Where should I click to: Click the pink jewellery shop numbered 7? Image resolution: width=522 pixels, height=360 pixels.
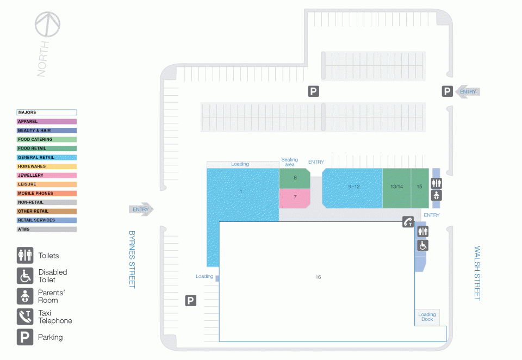(x=295, y=198)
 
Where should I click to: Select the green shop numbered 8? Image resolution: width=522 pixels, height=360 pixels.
(x=295, y=178)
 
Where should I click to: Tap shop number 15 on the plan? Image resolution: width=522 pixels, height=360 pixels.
(x=420, y=188)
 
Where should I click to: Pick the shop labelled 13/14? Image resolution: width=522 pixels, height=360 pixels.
(x=397, y=188)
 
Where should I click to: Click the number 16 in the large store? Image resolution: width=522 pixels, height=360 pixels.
(x=318, y=277)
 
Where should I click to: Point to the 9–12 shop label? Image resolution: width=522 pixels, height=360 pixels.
(x=354, y=187)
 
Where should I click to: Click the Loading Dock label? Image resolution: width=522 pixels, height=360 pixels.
(x=427, y=316)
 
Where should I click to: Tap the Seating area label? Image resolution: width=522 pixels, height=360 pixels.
(x=290, y=162)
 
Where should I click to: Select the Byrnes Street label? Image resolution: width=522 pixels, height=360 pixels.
(x=132, y=259)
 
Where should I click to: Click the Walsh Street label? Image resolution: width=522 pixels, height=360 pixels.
(x=477, y=274)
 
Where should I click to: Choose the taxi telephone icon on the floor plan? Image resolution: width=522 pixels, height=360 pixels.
(x=408, y=222)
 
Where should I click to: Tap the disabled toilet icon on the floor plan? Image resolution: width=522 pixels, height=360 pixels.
(x=423, y=245)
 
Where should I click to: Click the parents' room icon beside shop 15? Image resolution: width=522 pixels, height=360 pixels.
(x=437, y=195)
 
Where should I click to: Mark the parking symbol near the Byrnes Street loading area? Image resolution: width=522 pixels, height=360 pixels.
(x=191, y=301)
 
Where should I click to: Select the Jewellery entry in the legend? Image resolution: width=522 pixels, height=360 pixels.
(x=47, y=175)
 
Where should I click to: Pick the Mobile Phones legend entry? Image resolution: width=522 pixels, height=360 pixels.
(x=47, y=193)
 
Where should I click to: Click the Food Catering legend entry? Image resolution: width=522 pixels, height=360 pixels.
(x=47, y=139)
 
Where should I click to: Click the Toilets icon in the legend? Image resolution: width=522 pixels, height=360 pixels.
(x=25, y=256)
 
